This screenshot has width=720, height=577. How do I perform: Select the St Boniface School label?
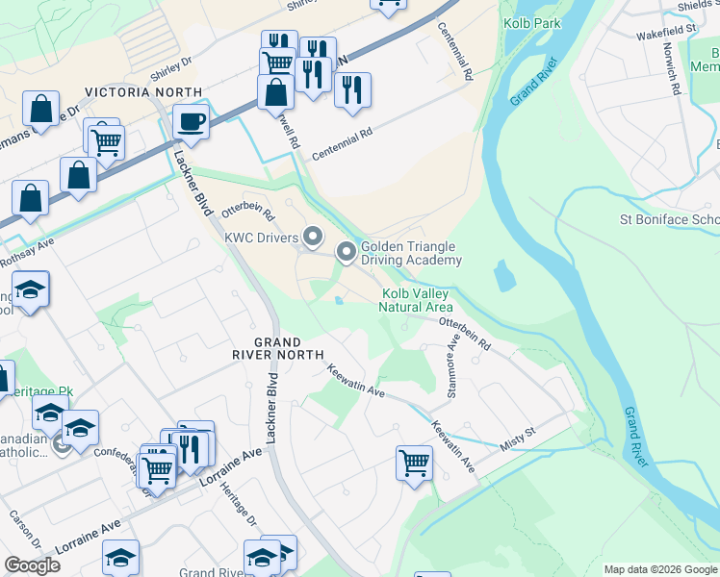(670, 219)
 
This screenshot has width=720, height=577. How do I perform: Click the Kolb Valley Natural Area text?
(416, 300)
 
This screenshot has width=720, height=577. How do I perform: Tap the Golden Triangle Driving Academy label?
(411, 253)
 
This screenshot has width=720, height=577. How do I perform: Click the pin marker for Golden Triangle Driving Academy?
(347, 253)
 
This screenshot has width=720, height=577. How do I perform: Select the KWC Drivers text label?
(260, 237)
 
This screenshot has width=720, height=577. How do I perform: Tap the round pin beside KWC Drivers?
(312, 236)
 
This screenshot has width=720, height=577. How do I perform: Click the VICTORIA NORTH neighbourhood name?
(143, 92)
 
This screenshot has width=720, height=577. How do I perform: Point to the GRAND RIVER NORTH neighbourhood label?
(277, 348)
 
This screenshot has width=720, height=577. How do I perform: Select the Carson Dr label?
(20, 525)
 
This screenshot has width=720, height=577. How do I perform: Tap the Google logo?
(32, 565)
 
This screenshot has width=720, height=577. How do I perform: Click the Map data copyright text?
(660, 568)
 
